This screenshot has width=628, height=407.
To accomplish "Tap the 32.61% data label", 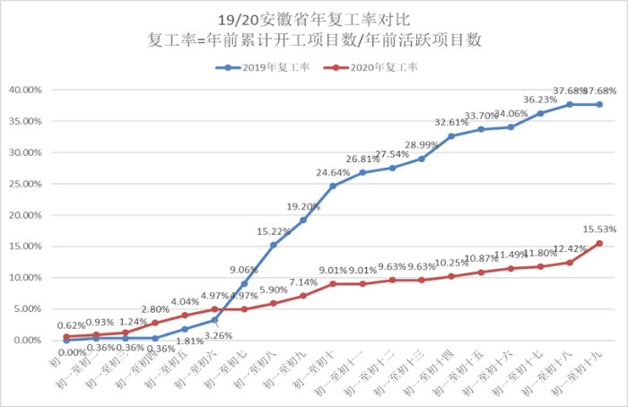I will [451, 123].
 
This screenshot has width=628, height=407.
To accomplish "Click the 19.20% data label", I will [303, 207].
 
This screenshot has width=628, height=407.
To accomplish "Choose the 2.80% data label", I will [156, 309].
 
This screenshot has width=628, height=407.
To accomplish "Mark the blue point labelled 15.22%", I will [274, 245].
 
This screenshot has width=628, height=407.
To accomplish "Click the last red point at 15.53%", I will [599, 243].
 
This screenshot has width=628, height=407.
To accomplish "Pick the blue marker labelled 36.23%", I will [540, 113].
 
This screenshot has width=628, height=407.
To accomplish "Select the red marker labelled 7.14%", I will [303, 296].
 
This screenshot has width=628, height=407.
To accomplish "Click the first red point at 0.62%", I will [66, 337].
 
